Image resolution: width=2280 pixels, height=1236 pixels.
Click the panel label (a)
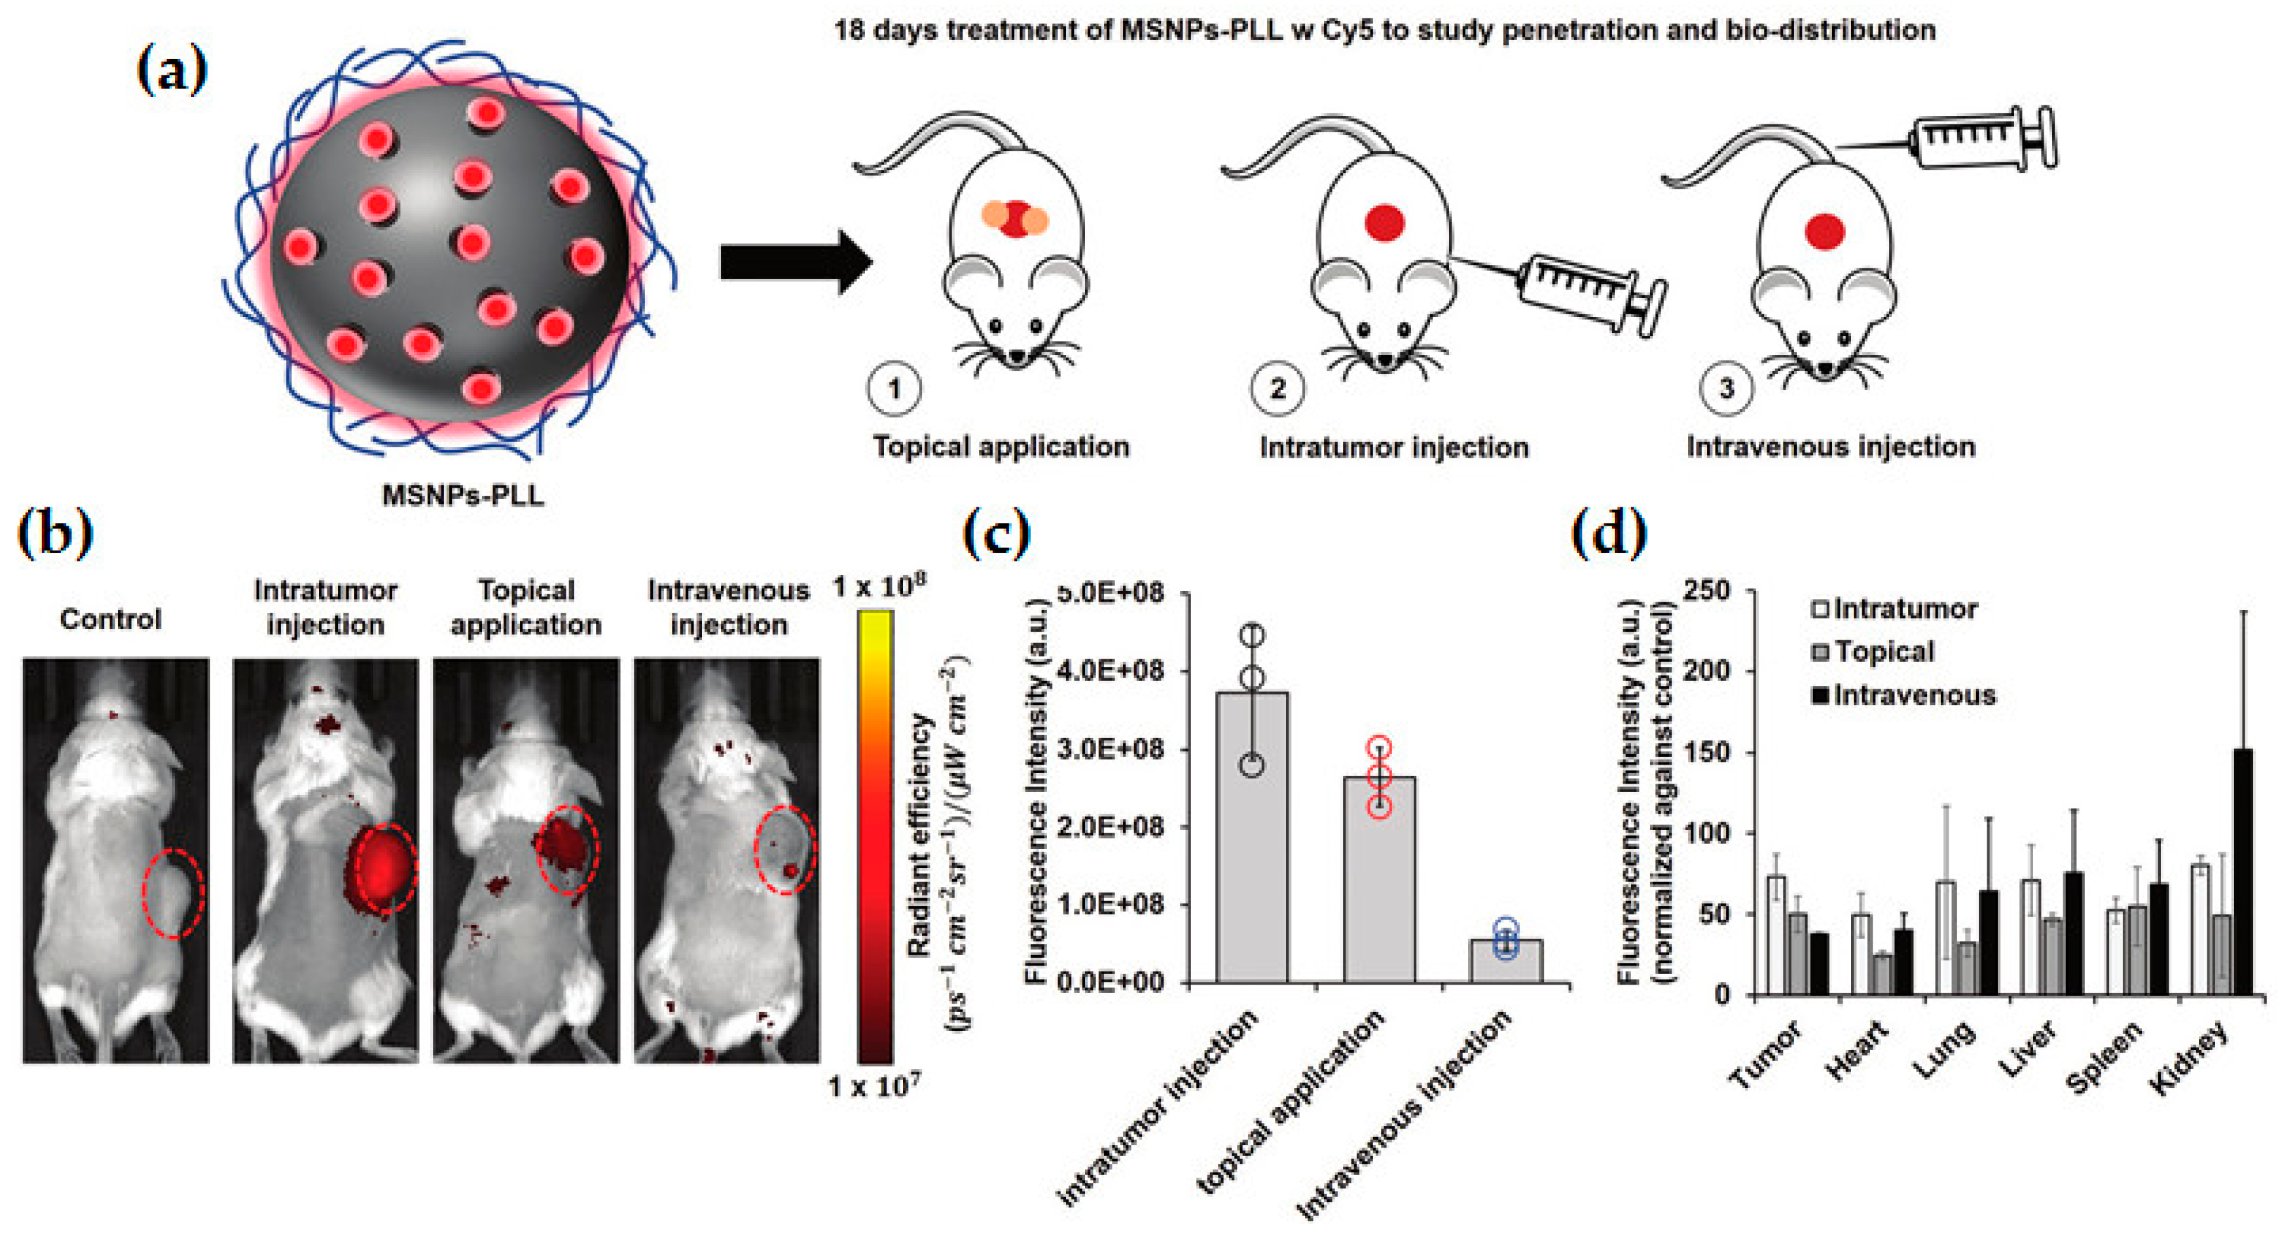[x=172, y=70]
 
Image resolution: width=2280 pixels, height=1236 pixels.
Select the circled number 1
[x=894, y=388]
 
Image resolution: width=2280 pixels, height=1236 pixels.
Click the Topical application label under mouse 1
[x=1001, y=446]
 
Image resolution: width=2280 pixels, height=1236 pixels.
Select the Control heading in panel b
[x=111, y=619]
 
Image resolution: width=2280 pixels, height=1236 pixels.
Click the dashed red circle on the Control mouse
[x=174, y=892]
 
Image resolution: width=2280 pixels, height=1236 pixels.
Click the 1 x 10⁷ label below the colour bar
[x=874, y=1085]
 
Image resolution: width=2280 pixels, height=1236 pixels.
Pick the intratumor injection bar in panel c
[x=1251, y=836]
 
